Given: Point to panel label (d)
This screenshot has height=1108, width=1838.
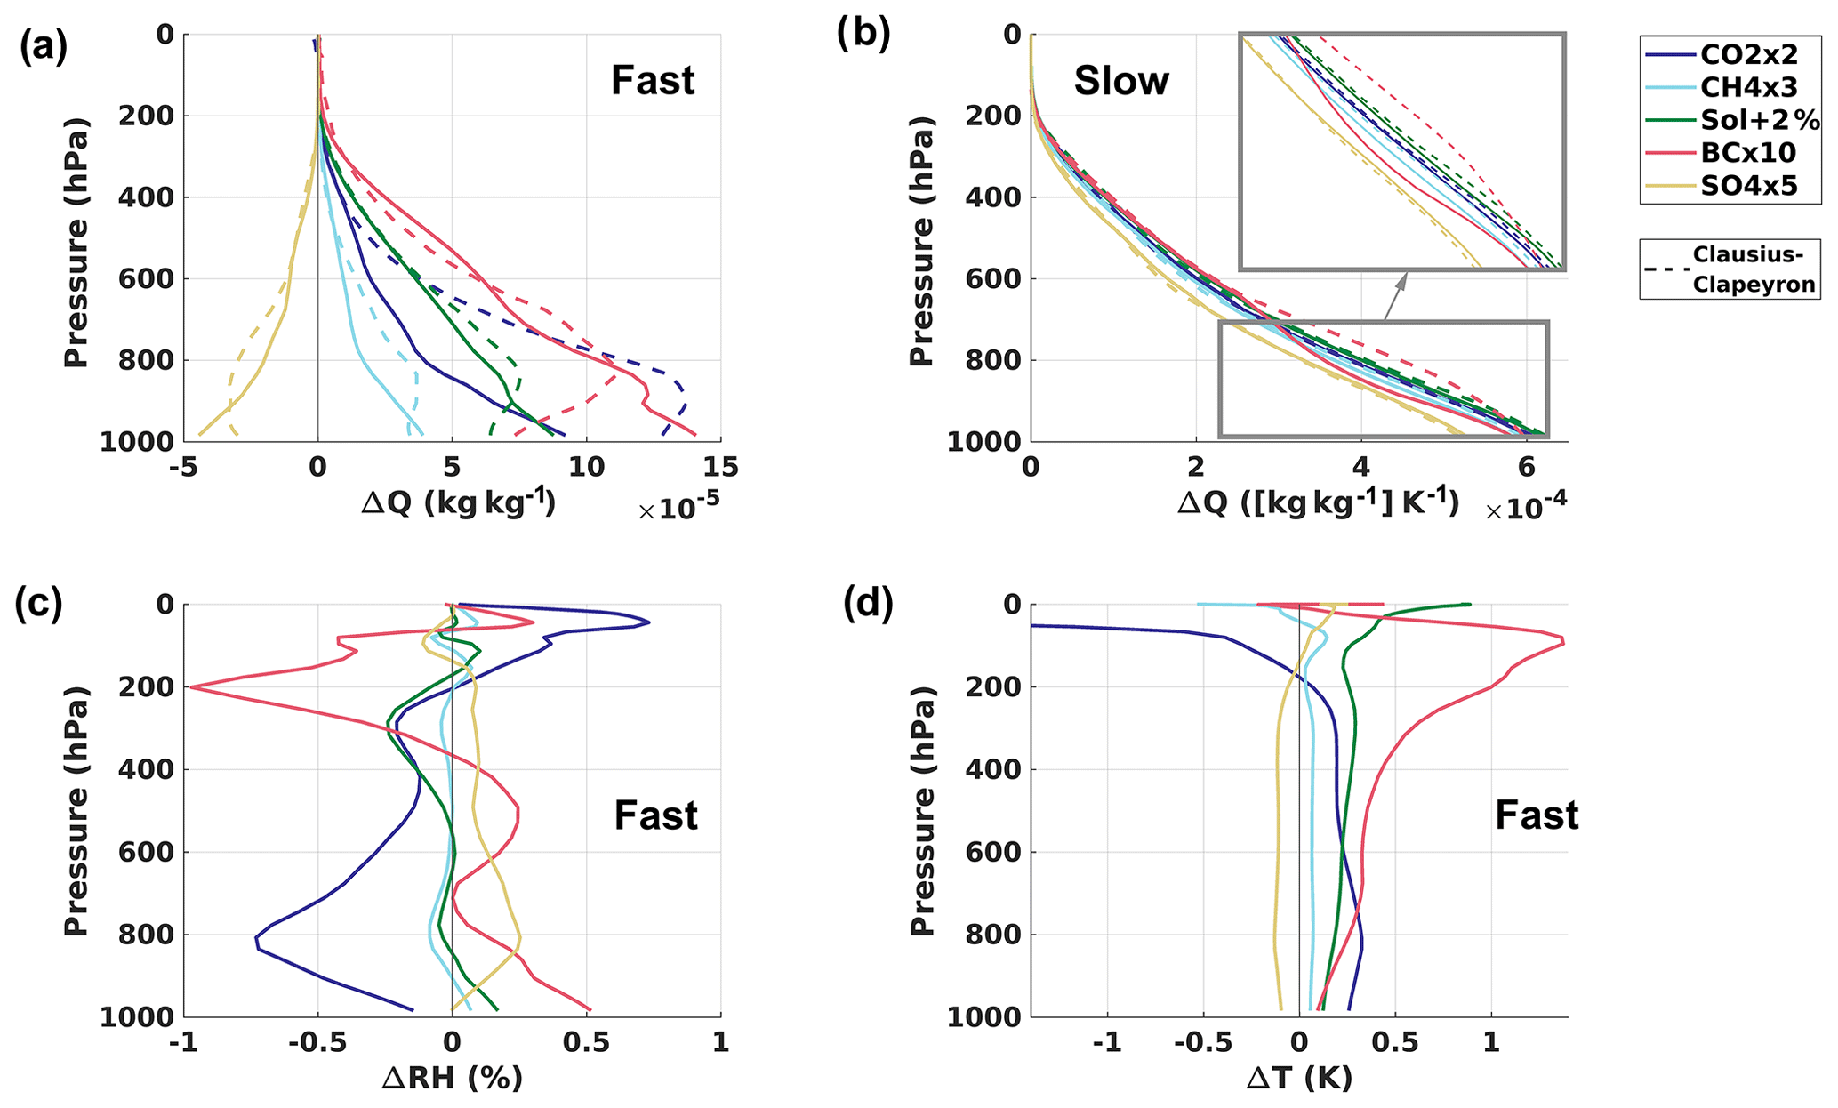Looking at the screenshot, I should [x=867, y=605].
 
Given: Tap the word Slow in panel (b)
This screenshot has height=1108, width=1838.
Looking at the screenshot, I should [x=1120, y=82].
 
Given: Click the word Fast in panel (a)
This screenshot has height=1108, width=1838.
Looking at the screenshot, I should [x=652, y=82].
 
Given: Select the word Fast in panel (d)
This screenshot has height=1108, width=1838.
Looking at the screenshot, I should [x=1536, y=815].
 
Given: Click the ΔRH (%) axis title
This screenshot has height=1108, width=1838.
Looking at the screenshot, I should [x=452, y=1079].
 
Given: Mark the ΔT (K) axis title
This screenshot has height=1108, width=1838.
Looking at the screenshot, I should [x=1298, y=1079].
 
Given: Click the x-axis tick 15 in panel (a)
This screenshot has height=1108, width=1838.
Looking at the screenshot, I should [x=719, y=467].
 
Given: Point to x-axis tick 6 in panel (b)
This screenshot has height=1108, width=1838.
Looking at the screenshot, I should [x=1525, y=467].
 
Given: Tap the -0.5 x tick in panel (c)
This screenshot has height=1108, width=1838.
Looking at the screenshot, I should [x=317, y=1042].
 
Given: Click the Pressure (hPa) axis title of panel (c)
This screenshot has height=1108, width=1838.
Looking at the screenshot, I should [x=76, y=810].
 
